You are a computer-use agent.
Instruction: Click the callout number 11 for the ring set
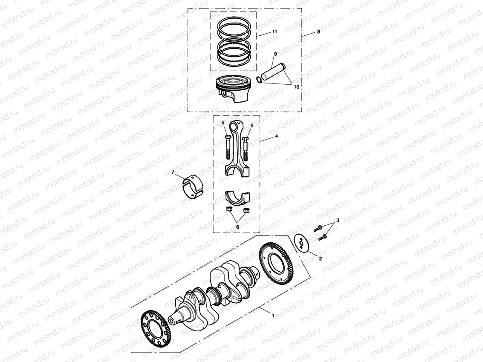[x=275, y=32]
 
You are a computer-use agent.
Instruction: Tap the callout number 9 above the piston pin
[x=275, y=54]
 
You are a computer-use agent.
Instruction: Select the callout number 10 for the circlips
[x=296, y=86]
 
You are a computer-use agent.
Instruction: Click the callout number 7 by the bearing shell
[x=173, y=172]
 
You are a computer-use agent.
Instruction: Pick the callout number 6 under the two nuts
[x=237, y=227]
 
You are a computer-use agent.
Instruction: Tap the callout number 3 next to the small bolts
[x=338, y=220]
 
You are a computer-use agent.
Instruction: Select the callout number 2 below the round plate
[x=321, y=258]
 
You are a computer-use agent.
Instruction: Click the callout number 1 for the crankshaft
[x=273, y=315]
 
